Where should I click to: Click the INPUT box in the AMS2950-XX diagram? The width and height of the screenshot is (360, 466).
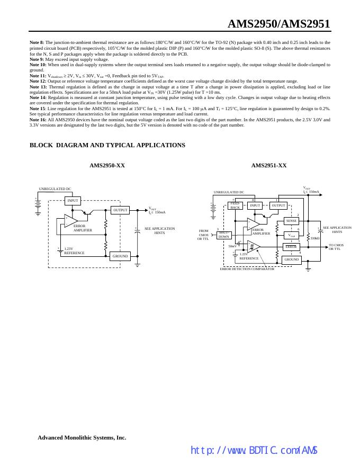pos(73,200)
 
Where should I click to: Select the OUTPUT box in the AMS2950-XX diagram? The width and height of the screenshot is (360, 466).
pos(120,210)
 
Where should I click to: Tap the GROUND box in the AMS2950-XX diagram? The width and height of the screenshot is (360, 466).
pos(120,256)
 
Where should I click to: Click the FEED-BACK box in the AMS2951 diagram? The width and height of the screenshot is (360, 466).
pos(235,205)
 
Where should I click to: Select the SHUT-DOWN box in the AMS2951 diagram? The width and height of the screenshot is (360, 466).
pos(224,235)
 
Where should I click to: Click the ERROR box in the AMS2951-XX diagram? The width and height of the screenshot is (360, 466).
pos(292,247)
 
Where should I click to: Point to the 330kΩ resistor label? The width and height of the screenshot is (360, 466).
pos(315,238)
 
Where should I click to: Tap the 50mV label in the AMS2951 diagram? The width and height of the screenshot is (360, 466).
pos(232,246)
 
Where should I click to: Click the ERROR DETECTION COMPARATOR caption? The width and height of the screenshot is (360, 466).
pos(247,269)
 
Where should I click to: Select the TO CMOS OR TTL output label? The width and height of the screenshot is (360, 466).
pos(336,247)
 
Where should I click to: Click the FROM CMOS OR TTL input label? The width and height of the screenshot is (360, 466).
pos(204,235)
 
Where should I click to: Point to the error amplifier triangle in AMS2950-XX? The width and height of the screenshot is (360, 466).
pos(70,220)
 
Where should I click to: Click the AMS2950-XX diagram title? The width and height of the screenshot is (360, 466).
pos(107,166)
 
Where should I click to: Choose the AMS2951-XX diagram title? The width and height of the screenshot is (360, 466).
pos(268,166)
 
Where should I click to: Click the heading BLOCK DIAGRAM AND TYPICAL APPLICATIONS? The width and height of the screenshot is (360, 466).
pos(107,145)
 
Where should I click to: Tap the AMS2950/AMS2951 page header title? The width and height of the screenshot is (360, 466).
pos(278,24)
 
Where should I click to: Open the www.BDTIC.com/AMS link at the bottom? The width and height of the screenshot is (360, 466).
pos(254,451)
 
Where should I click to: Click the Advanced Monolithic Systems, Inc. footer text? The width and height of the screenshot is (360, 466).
pos(82,438)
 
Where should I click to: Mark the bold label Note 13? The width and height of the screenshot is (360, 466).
pos(38,86)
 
